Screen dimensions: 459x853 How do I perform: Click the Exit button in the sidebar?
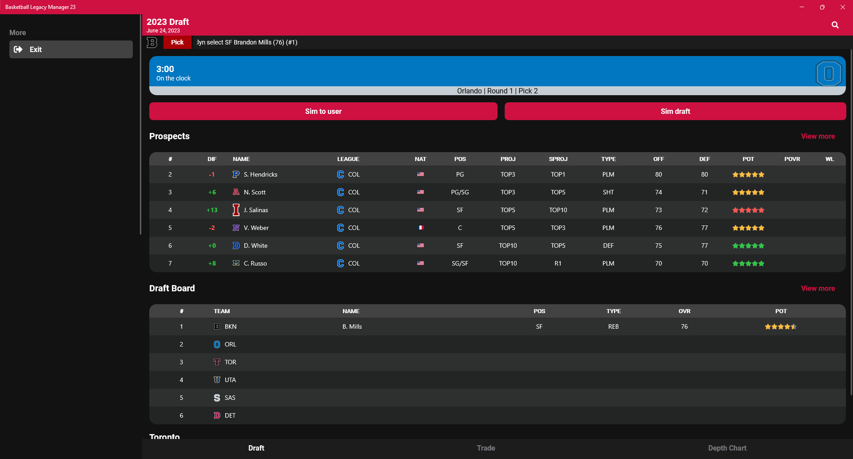tap(71, 49)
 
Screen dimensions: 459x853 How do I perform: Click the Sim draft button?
tap(675, 111)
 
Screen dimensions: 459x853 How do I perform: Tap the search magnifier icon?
tap(835, 25)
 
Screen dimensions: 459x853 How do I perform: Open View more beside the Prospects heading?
tap(817, 136)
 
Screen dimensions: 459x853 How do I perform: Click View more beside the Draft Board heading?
tap(817, 288)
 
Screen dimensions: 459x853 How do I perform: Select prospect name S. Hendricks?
tap(260, 174)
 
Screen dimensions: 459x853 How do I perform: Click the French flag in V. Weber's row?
tap(420, 228)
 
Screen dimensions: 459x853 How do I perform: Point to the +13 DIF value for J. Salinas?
tap(212, 210)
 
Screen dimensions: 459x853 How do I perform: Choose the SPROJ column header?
tap(558, 159)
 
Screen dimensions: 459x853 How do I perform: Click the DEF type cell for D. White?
tap(608, 246)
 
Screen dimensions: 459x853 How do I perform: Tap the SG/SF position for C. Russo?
tap(460, 263)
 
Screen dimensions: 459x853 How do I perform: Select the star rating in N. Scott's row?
tap(748, 192)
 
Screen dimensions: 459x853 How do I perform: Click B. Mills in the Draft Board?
tap(352, 326)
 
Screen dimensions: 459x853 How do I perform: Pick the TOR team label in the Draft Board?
tap(230, 362)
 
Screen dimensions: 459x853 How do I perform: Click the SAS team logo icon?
tap(217, 398)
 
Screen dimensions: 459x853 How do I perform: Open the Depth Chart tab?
tap(727, 448)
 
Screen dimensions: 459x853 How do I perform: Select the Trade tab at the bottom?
tap(486, 448)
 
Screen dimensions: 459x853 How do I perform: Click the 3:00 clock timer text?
tap(165, 69)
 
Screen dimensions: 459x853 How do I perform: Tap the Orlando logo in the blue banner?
tap(828, 73)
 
